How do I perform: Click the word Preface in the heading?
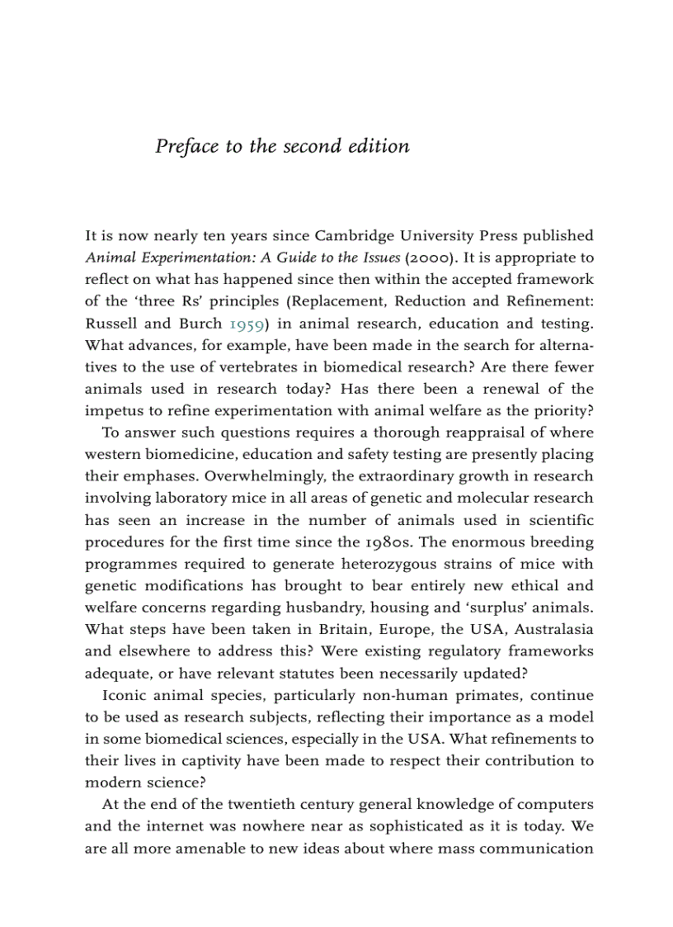pyautogui.click(x=187, y=147)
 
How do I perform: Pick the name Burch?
pyautogui.click(x=200, y=324)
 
